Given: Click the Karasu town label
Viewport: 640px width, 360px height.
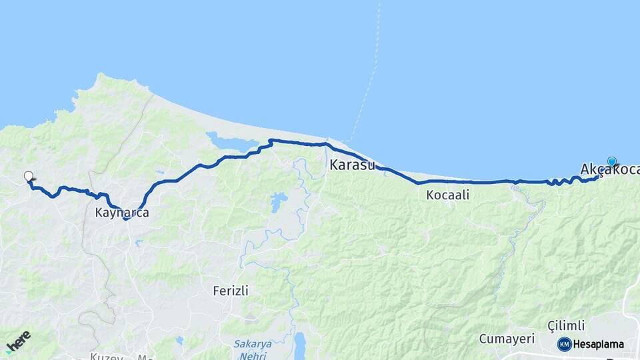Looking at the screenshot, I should [x=352, y=165].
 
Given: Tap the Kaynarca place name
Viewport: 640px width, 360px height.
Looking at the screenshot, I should [x=122, y=213].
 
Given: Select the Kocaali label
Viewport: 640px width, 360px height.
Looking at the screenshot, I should [x=448, y=195].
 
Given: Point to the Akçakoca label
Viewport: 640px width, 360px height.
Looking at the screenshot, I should [x=608, y=170].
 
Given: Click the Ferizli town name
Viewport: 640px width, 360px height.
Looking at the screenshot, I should [x=231, y=291].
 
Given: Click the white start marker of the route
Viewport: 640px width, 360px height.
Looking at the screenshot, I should [x=28, y=177].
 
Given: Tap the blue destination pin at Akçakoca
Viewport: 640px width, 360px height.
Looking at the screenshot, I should [x=611, y=161].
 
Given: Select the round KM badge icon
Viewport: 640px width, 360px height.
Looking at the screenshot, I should [x=564, y=344].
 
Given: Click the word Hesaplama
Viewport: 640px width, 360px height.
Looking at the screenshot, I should [x=599, y=345].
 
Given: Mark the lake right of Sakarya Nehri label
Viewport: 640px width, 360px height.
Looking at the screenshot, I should [x=300, y=345].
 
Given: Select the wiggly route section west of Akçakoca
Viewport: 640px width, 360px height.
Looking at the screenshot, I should [x=563, y=181].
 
